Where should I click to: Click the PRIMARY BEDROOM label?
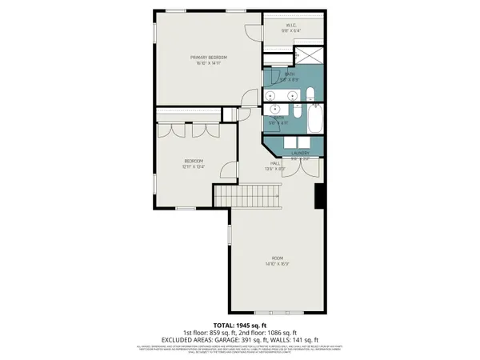[208, 58]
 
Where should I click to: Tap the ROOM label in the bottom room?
[277, 258]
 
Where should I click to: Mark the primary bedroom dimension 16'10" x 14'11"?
[208, 64]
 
